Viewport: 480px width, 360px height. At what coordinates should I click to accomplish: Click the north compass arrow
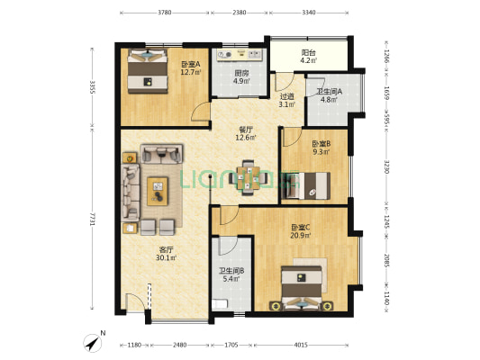[93, 344]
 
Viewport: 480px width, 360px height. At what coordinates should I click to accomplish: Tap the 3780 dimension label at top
[165, 13]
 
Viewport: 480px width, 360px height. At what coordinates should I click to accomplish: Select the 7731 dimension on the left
[91, 219]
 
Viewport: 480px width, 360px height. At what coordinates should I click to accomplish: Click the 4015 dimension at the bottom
[301, 345]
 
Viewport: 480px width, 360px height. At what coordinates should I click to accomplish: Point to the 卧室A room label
[190, 64]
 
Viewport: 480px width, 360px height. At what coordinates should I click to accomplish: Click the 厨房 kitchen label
[241, 74]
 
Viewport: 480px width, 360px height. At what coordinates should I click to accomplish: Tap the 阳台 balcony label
[308, 53]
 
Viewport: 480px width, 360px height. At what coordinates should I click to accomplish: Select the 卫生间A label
[329, 92]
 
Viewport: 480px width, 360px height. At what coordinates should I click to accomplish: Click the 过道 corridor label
[286, 96]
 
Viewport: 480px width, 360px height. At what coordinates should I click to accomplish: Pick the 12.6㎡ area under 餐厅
[245, 138]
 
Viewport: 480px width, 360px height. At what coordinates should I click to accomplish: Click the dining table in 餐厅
[248, 177]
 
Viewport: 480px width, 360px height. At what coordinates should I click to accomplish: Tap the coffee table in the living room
[158, 191]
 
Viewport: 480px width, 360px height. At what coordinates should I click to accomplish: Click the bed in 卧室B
[307, 185]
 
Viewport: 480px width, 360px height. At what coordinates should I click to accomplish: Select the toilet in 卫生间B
[220, 304]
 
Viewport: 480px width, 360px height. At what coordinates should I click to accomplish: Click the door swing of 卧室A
[201, 112]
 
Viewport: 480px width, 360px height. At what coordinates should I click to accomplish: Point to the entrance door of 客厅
[136, 302]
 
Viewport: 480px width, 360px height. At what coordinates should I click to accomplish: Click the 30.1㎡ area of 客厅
[166, 257]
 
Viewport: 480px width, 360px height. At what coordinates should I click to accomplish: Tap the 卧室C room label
[301, 228]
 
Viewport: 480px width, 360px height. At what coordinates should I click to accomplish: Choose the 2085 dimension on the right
[386, 261]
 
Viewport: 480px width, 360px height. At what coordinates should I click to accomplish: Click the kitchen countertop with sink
[239, 54]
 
